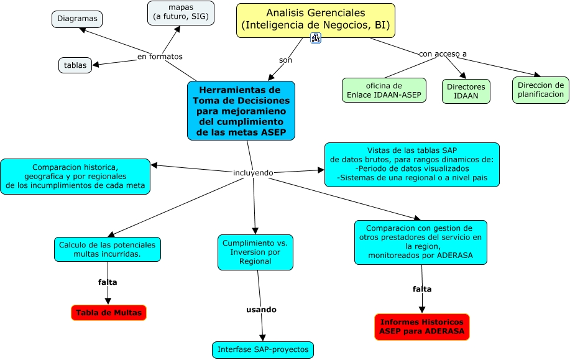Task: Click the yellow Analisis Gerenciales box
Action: tap(315, 20)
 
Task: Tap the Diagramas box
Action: tap(77, 19)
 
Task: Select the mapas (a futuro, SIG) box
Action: tap(180, 12)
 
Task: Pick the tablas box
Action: tap(75, 65)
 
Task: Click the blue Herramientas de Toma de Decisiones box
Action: tap(241, 111)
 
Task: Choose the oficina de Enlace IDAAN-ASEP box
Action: tap(384, 90)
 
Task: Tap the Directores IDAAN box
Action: tap(466, 91)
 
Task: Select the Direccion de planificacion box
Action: tap(541, 90)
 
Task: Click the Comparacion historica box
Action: tap(75, 176)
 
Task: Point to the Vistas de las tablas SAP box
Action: tap(411, 164)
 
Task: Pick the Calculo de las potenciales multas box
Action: tap(108, 249)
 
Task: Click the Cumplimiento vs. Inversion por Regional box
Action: tap(255, 252)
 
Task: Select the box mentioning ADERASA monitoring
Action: tap(420, 242)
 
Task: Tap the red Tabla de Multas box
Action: tap(109, 313)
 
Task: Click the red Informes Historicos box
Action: tap(422, 327)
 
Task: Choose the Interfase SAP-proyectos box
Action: tap(263, 349)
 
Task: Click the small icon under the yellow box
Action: tap(316, 38)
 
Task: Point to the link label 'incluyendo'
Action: tap(252, 172)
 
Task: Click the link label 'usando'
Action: tap(261, 309)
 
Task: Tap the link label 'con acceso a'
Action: tap(443, 53)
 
